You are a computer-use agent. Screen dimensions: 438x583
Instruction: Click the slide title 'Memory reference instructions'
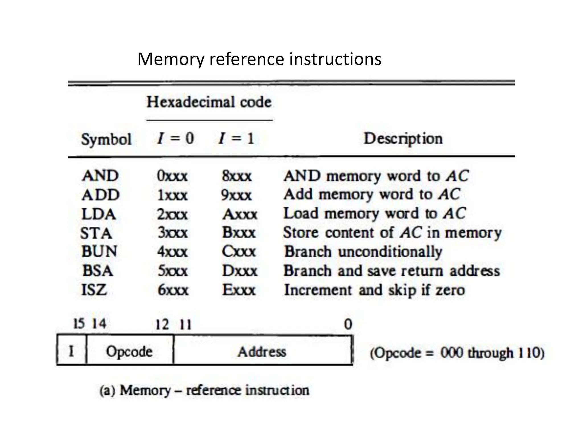coord(259,59)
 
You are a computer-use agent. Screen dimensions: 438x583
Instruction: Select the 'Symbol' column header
coord(106,139)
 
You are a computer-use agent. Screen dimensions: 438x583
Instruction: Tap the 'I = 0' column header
coord(175,139)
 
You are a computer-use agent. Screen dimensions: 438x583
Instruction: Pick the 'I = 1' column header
coord(236,139)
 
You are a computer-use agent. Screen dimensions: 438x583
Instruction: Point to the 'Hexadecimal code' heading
coord(209,102)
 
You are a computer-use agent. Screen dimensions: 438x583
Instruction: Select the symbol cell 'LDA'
coord(98,214)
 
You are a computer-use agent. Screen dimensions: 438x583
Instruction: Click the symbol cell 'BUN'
coord(99,252)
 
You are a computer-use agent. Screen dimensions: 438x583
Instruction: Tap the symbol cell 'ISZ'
coord(94,290)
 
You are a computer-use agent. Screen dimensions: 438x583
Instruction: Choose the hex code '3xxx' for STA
coord(173,233)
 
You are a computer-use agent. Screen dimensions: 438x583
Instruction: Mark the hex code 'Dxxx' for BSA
coord(240,271)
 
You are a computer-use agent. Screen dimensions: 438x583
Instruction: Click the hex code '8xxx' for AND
coord(237,176)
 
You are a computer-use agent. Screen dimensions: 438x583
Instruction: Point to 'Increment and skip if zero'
coord(374,290)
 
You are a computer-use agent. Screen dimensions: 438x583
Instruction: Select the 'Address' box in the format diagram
coord(262,351)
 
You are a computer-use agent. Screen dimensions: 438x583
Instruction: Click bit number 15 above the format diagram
coord(79,324)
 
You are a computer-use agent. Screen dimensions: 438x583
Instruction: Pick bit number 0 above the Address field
coord(348,325)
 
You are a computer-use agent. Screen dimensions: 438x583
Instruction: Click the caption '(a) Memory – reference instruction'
coord(204,390)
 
